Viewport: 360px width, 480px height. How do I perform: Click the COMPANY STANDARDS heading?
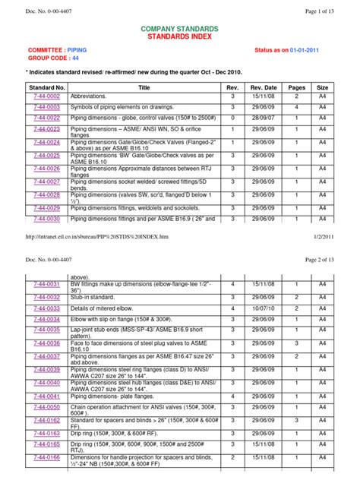coord(180,27)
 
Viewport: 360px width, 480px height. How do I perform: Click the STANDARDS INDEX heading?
coord(180,36)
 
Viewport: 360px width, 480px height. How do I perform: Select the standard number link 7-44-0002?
coord(46,97)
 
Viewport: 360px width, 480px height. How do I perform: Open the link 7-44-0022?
coord(46,118)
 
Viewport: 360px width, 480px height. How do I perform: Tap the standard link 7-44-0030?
coord(46,219)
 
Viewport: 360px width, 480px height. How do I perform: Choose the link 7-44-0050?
coord(46,407)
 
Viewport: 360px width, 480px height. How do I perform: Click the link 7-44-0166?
coord(46,458)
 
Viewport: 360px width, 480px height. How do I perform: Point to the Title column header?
coord(144,87)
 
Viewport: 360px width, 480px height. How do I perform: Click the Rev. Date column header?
coord(262,87)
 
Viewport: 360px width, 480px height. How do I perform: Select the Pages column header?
coord(297,87)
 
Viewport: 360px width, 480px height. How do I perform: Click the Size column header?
coord(323,87)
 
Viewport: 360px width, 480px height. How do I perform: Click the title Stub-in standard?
coord(93,298)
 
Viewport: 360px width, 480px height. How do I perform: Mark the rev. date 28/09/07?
coord(262,118)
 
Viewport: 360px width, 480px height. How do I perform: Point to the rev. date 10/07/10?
coord(262,309)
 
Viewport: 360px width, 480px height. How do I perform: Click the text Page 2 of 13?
coord(319,261)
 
